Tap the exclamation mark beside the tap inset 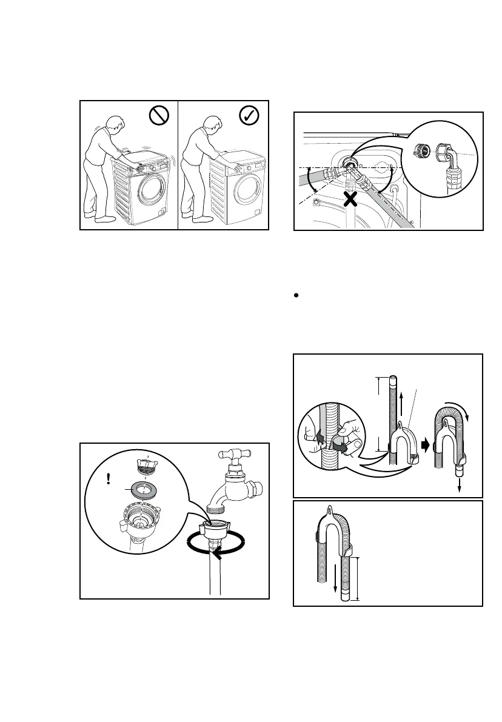click(x=108, y=479)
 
